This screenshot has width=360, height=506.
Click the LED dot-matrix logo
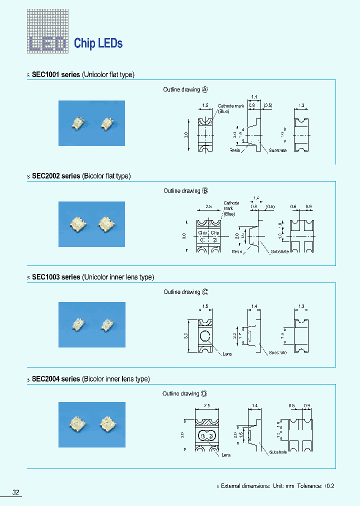47,32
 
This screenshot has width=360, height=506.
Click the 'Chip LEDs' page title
98,43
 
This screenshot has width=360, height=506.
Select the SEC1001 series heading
83,74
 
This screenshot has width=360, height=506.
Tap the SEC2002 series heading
81,176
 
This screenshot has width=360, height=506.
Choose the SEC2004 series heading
90,379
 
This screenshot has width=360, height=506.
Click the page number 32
16,492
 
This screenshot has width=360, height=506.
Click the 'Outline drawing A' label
185,89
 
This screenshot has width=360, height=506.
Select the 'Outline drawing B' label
185,191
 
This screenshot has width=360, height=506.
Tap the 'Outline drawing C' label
185,292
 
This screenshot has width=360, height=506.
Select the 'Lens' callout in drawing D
225,455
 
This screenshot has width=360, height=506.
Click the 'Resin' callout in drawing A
235,150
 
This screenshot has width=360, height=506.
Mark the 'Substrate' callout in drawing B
279,251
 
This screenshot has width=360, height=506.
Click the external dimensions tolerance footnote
277,485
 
